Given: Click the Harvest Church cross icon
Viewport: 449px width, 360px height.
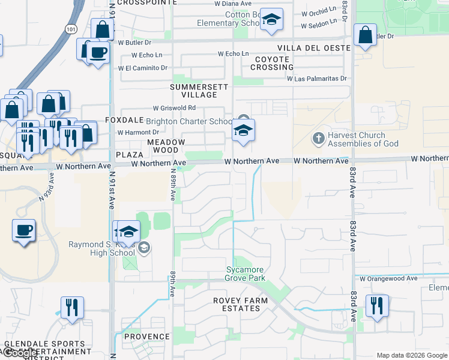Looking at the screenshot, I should (x=318, y=139).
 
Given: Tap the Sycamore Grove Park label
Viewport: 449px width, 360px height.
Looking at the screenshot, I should (x=245, y=274).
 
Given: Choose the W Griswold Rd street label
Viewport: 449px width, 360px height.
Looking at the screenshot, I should (x=174, y=108).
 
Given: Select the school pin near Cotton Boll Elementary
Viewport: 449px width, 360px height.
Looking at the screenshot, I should (x=272, y=20).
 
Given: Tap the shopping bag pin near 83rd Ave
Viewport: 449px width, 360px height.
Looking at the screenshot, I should (x=366, y=35).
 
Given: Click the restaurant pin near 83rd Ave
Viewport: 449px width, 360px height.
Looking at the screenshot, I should (x=376, y=305).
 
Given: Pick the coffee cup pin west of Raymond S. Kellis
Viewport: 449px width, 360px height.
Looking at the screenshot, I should (x=23, y=230).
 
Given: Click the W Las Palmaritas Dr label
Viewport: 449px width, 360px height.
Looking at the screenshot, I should (x=317, y=79).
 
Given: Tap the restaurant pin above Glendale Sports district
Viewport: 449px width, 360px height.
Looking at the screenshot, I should (x=72, y=308).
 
